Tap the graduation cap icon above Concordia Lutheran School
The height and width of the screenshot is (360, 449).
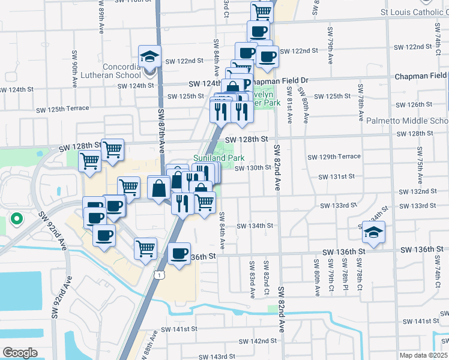click(149, 56)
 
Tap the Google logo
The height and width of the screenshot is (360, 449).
click(20, 352)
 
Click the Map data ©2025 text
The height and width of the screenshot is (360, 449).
click(423, 355)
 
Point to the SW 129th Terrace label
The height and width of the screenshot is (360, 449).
click(334, 157)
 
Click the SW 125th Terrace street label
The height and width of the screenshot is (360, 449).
click(62, 109)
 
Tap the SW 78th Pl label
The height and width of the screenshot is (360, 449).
click(344, 277)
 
